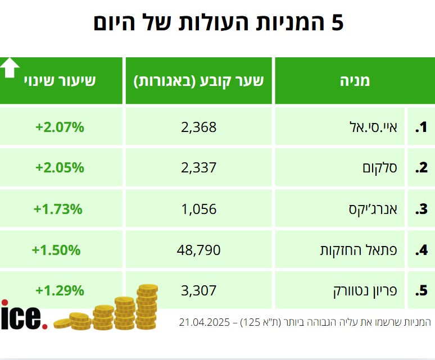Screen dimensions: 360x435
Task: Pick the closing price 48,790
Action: (x=198, y=250)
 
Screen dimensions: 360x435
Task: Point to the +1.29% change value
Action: (x=60, y=291)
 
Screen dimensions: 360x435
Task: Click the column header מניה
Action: (x=355, y=81)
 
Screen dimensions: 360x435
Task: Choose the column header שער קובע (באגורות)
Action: (x=198, y=81)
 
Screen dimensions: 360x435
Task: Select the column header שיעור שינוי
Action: (x=60, y=81)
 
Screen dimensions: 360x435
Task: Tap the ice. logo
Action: (x=24, y=317)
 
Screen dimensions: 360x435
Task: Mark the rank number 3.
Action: (x=422, y=209)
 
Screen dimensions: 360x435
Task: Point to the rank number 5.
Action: (x=422, y=291)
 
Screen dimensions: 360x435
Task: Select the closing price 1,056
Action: (x=198, y=209)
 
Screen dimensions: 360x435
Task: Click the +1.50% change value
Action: (x=56, y=250)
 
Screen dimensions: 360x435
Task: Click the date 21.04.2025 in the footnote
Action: (x=205, y=322)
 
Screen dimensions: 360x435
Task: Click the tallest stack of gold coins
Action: (x=147, y=306)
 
